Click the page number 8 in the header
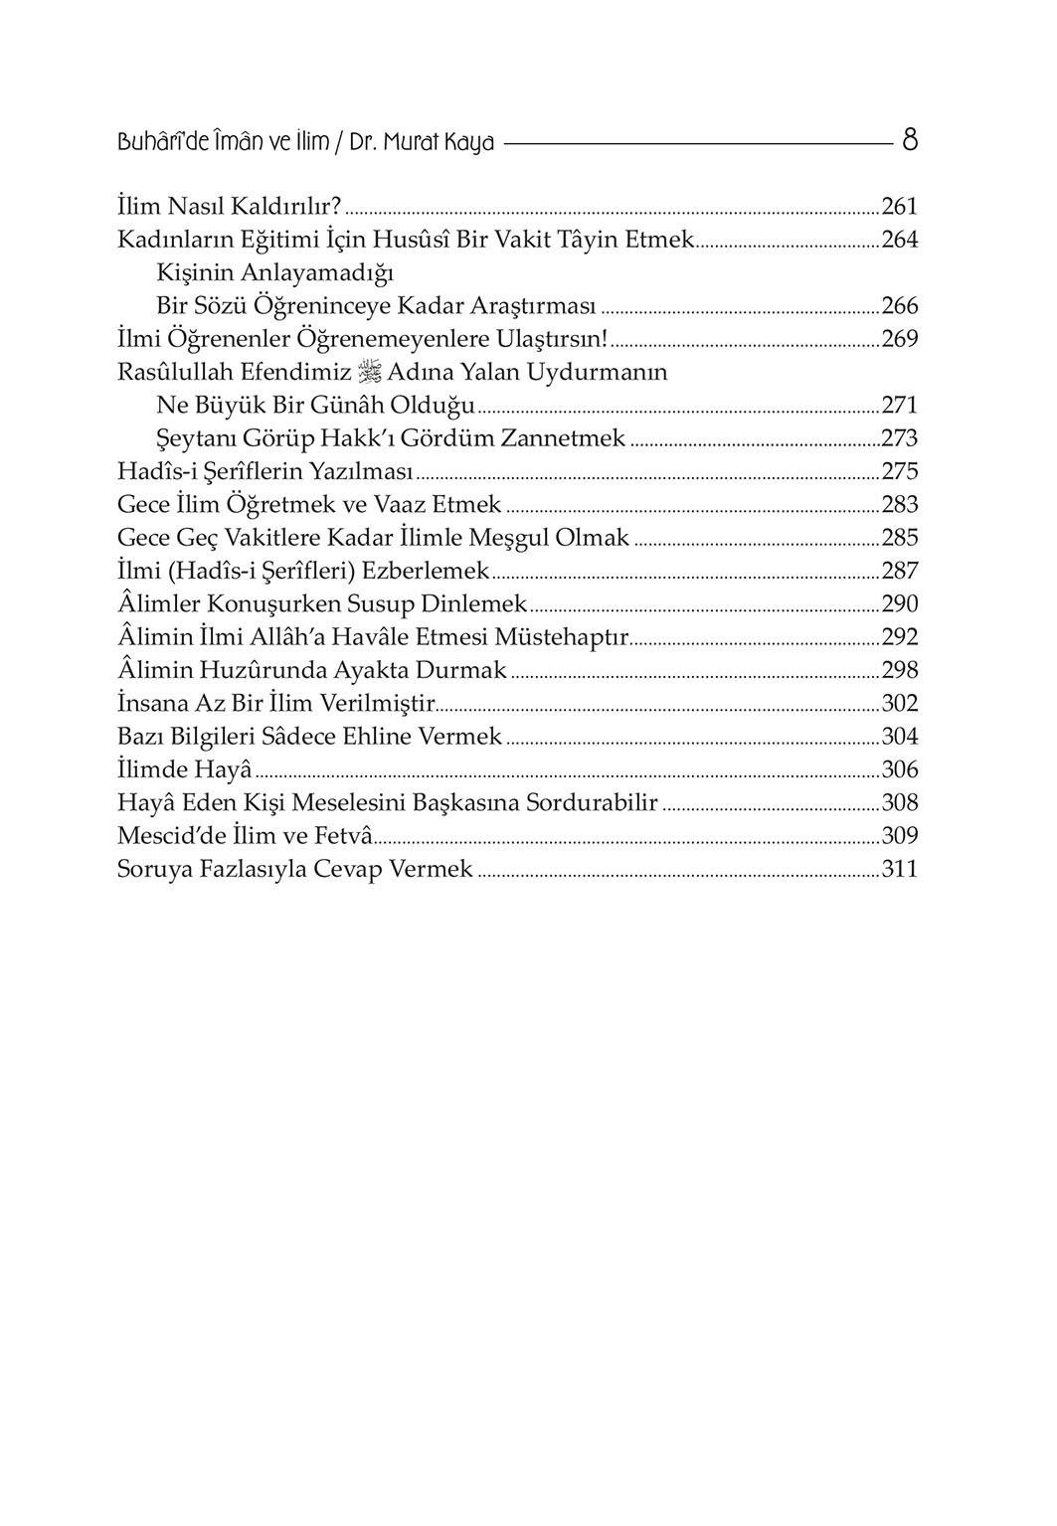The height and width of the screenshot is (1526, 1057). [x=909, y=140]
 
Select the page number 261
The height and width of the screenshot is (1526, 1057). [x=899, y=207]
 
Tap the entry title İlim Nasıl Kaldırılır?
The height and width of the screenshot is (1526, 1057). [x=229, y=207]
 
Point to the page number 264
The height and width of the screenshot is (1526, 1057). [x=899, y=240]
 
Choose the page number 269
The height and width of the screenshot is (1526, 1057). [x=899, y=339]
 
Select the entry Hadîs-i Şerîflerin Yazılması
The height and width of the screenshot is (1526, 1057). [x=265, y=471]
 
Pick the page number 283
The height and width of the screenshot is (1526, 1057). [x=899, y=505]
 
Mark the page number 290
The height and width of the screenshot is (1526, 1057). [x=899, y=604]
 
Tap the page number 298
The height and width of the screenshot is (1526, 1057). [x=899, y=670]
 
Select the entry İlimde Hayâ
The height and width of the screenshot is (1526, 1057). [x=184, y=769]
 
